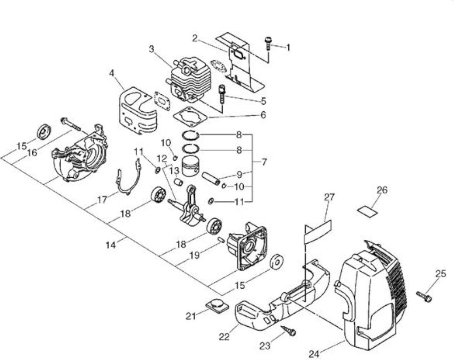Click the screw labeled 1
point(268,44)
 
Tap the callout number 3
point(151,49)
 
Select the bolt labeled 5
point(222,94)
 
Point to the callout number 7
point(264,162)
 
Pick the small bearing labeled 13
point(179,182)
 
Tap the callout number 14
point(111,245)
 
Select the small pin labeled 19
point(221,240)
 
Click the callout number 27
point(329,197)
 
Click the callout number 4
point(112,73)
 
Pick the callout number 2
point(195,38)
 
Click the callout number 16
point(32,153)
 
